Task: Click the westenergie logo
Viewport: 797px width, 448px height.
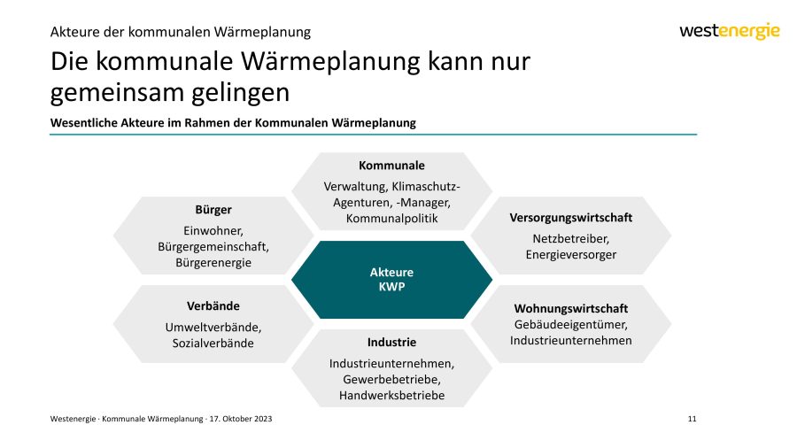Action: pyautogui.click(x=730, y=31)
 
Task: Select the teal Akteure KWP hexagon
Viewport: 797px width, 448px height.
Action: pyautogui.click(x=392, y=280)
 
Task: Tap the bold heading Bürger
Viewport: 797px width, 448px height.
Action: pyautogui.click(x=213, y=210)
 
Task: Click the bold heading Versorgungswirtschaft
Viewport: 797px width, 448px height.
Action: pyautogui.click(x=571, y=218)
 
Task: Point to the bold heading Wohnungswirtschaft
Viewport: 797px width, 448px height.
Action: pyautogui.click(x=571, y=308)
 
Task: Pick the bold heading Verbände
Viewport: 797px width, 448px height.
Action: pyautogui.click(x=213, y=306)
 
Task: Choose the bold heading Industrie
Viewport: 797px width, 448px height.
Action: pyautogui.click(x=392, y=343)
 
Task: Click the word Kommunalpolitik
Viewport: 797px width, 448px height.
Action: pyautogui.click(x=392, y=219)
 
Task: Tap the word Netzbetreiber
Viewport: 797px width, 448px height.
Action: pyautogui.click(x=570, y=239)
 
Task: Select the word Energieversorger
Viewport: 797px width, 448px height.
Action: pyautogui.click(x=571, y=255)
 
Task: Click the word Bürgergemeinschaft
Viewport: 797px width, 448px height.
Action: pyautogui.click(x=213, y=247)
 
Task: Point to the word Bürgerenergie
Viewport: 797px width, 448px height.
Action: pyautogui.click(x=213, y=263)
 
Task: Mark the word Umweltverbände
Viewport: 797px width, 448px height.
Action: pyautogui.click(x=213, y=328)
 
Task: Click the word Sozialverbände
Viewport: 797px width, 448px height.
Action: pyautogui.click(x=213, y=344)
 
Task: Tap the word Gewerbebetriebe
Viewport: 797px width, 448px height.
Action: pyautogui.click(x=391, y=380)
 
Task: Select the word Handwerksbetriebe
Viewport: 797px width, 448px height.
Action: pyautogui.click(x=392, y=396)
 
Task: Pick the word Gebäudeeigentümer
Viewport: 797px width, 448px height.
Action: pyautogui.click(x=570, y=325)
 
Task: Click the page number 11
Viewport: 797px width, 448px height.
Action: pyautogui.click(x=692, y=419)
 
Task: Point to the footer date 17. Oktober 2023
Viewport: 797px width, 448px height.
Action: pyautogui.click(x=241, y=419)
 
